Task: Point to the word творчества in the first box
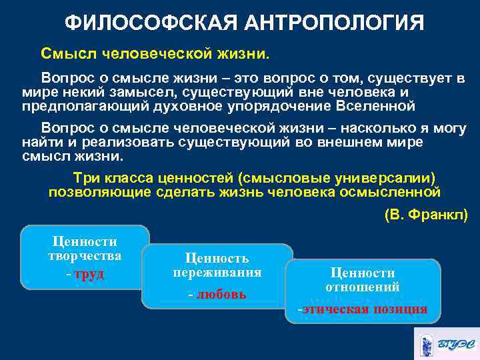pos(85,256)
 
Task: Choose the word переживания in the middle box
pos(217,273)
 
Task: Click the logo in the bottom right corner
pos(445,343)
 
